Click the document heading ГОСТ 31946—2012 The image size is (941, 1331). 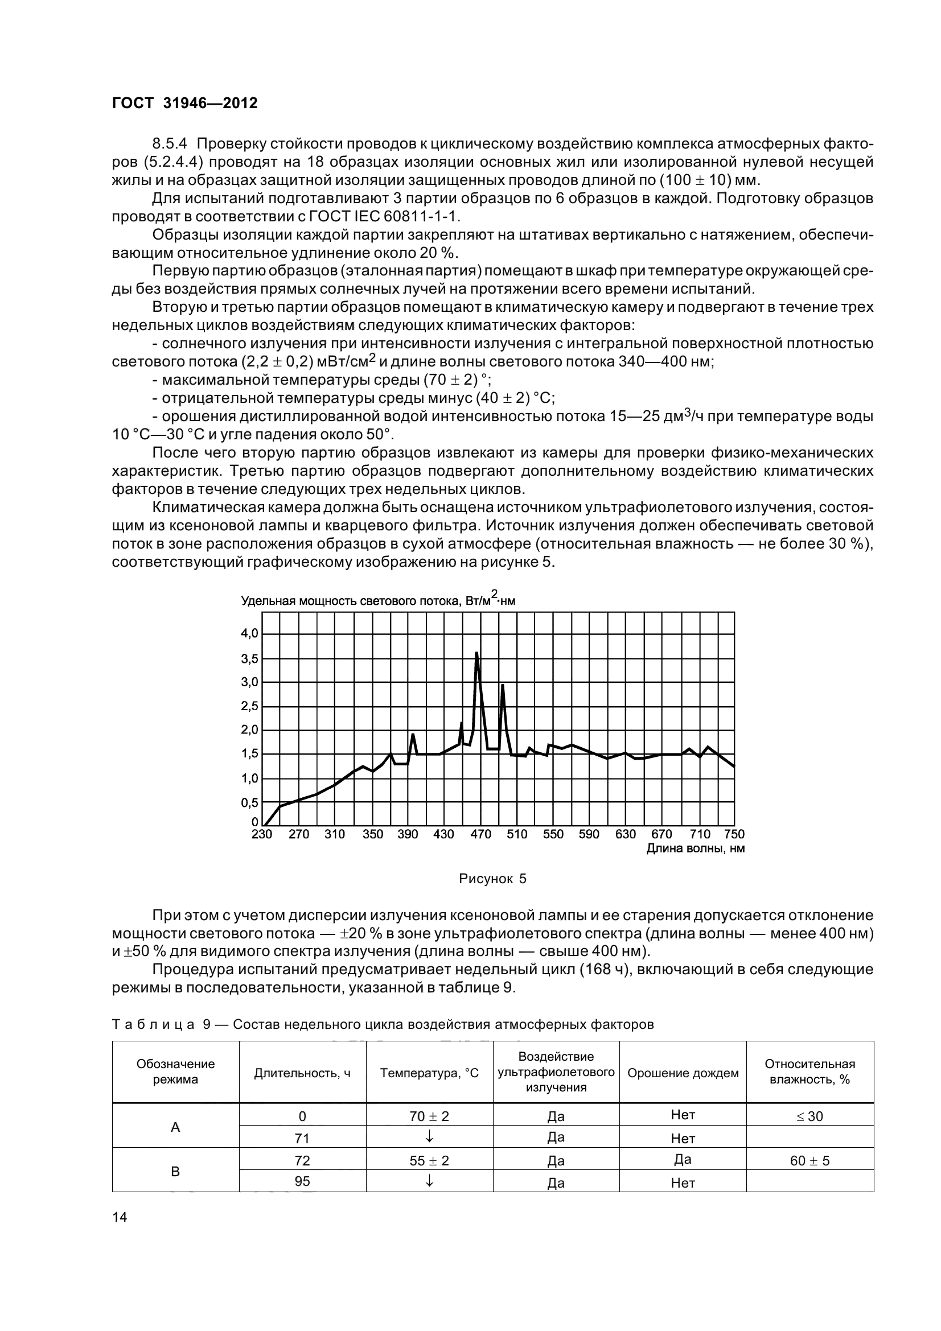(184, 103)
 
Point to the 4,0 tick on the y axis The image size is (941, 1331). (250, 633)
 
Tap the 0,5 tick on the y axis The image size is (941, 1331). (250, 803)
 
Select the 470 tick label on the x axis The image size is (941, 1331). (480, 834)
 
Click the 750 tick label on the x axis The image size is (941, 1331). (734, 834)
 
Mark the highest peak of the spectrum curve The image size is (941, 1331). (476, 653)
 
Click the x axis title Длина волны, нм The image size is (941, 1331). (695, 848)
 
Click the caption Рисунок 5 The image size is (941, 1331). (492, 879)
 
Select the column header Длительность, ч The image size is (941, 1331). (302, 1073)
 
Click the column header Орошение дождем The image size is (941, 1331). (683, 1073)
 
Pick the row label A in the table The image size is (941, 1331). (175, 1127)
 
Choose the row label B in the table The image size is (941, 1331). (175, 1172)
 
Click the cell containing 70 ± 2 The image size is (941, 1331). (429, 1116)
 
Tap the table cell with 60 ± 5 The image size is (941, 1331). (809, 1160)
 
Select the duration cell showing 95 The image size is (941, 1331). (302, 1182)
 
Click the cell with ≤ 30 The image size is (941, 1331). (809, 1116)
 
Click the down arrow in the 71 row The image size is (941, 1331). (429, 1138)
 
